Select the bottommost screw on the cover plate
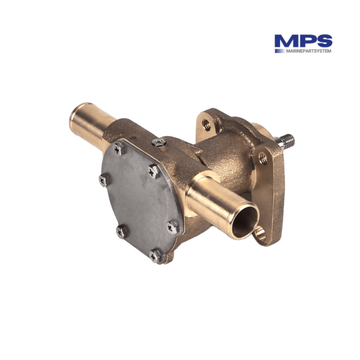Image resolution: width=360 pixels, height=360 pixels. [x=155, y=256]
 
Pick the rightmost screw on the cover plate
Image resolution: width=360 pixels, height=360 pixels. [x=172, y=227]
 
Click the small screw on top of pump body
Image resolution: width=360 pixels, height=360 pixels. [x=158, y=142]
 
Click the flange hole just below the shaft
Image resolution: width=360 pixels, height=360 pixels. [x=262, y=158]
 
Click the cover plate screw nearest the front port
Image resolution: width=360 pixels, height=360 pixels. [x=172, y=227]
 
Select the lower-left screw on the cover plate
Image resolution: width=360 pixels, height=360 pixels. [x=122, y=230]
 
